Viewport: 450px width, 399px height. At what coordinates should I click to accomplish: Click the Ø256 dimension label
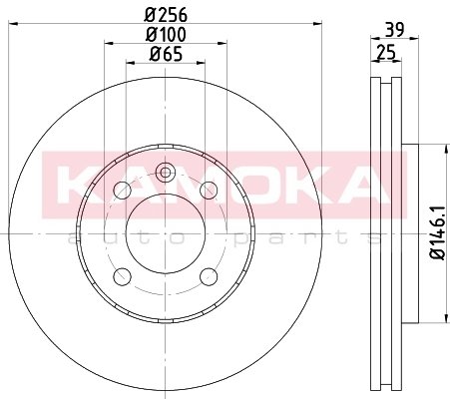(166, 15)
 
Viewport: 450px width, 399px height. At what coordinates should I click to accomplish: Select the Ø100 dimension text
(166, 34)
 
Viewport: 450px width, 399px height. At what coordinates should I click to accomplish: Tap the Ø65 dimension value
(166, 54)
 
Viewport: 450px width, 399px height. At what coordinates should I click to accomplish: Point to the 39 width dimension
(394, 30)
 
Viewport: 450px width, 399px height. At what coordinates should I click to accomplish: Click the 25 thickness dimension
(386, 53)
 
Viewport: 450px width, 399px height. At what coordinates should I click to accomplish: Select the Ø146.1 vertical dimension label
(437, 232)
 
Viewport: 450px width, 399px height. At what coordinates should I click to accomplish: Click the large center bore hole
(166, 233)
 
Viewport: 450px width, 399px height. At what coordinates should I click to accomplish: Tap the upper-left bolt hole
(122, 191)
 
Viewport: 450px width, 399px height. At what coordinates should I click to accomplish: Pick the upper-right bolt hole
(209, 191)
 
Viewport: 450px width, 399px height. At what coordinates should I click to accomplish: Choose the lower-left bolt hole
(122, 276)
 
